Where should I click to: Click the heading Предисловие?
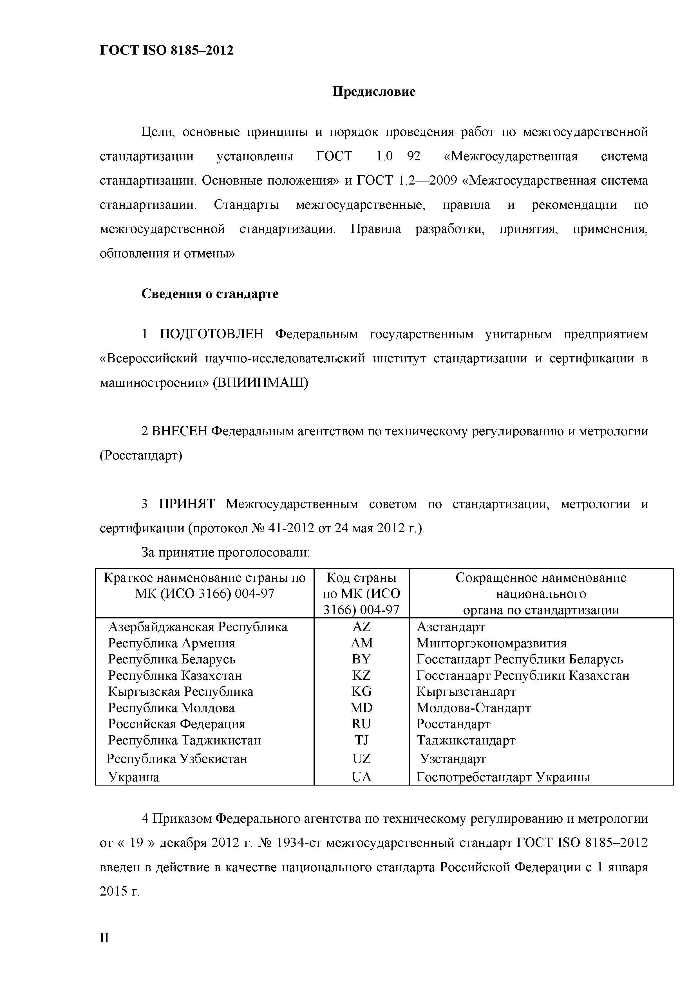374,91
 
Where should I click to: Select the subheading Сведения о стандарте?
210,294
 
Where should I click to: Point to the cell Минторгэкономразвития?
491,643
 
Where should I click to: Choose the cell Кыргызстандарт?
466,691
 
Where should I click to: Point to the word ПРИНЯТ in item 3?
187,504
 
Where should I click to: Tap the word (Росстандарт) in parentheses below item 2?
141,455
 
